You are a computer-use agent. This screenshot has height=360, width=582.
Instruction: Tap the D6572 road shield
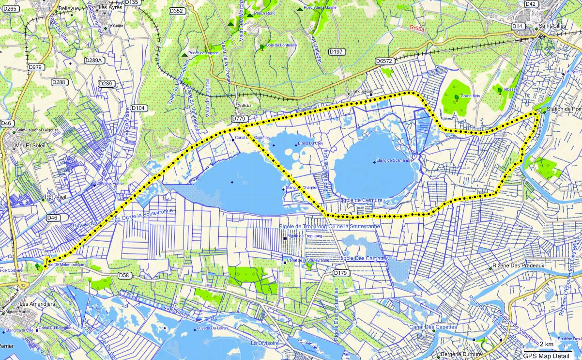(384, 61)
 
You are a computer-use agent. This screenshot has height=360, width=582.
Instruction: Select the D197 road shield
(336, 52)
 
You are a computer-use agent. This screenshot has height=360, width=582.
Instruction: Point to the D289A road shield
(94, 61)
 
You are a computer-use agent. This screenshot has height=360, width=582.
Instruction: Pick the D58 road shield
(124, 275)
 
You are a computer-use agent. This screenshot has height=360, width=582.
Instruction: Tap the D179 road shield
(341, 274)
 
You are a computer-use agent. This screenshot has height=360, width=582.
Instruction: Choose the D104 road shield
(138, 108)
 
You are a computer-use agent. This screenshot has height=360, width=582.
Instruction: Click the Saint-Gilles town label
(552, 26)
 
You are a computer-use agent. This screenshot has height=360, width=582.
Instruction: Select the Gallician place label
(245, 106)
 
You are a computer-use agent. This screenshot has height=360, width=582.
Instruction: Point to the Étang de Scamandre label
(394, 160)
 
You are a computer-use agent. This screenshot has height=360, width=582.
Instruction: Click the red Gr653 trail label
(416, 29)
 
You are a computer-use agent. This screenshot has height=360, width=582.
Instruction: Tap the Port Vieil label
(55, 197)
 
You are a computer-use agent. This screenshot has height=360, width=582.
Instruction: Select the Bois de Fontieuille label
(281, 45)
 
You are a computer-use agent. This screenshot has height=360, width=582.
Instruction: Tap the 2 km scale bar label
(547, 344)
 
